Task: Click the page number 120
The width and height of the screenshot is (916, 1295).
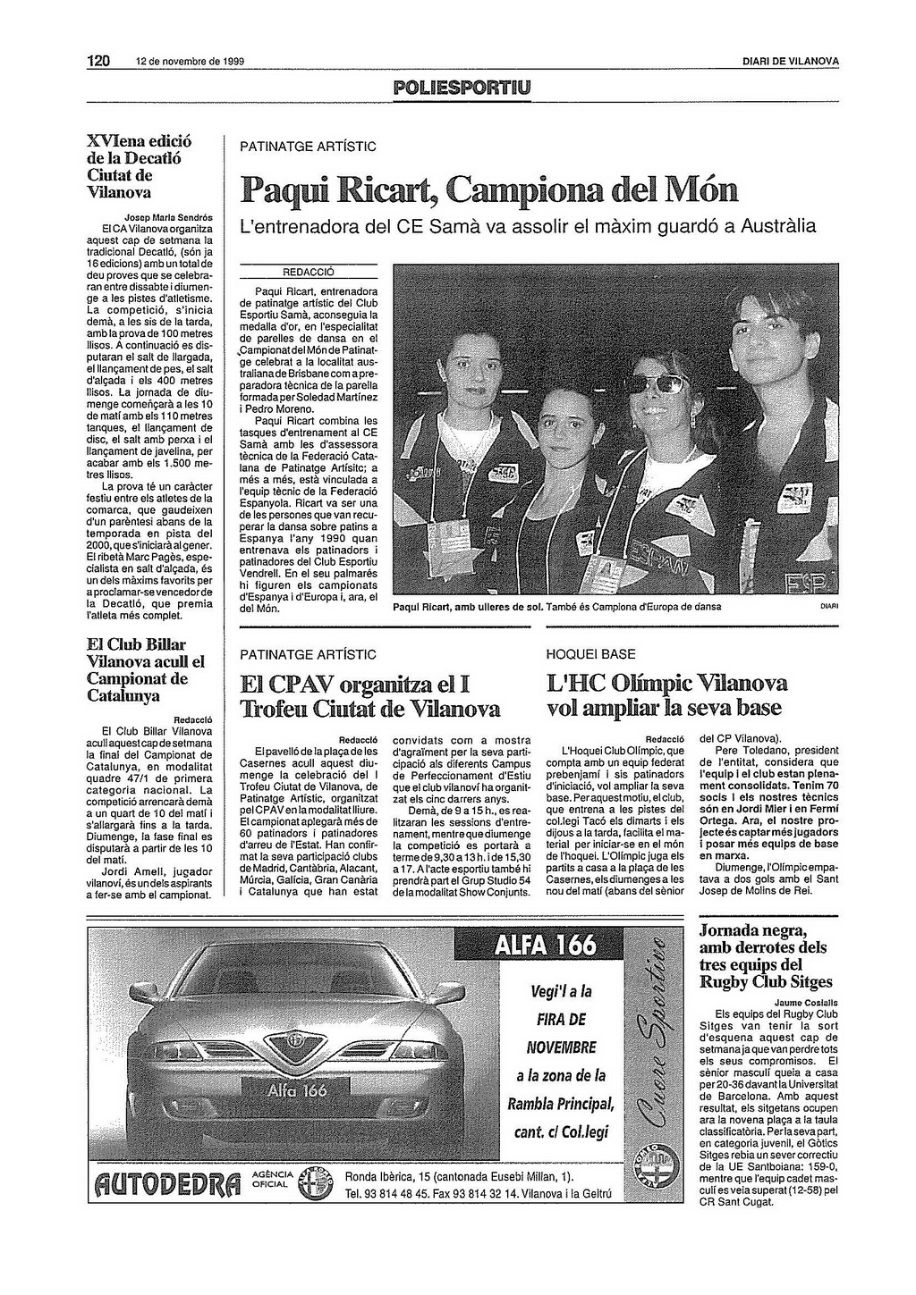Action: point(98,62)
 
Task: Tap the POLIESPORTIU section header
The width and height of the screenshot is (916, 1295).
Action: point(461,87)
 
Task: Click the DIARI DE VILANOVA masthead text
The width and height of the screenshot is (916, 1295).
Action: point(790,62)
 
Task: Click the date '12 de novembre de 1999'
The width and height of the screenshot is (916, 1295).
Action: point(190,63)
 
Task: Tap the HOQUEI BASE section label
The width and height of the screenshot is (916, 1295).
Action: point(591,654)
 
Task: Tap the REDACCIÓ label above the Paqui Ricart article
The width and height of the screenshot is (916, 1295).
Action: point(308,272)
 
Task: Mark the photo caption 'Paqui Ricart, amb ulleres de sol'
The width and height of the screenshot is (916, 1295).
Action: point(467,607)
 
